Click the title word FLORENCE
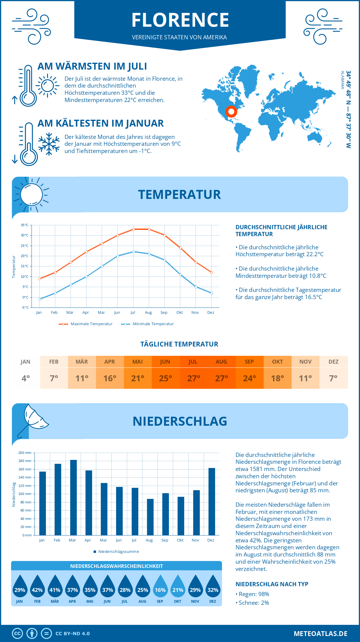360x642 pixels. coord(180,20)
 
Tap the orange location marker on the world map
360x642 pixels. coord(231,112)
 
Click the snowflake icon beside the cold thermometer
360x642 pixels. coord(49,144)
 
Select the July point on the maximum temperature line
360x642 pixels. coord(133,229)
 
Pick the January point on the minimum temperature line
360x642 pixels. coord(40,299)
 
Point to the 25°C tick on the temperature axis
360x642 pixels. coord(25,246)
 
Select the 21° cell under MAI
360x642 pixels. coord(138,378)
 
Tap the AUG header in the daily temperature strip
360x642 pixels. coord(221,362)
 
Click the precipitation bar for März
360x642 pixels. coord(73,497)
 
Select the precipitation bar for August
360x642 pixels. coord(150,517)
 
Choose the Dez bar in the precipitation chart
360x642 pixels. coord(211,501)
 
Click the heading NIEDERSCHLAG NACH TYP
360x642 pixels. coord(272,584)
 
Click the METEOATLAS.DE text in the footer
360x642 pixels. coord(320,634)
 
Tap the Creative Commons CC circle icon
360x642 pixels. coord(17,634)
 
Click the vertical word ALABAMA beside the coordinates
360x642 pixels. coord(342,80)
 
